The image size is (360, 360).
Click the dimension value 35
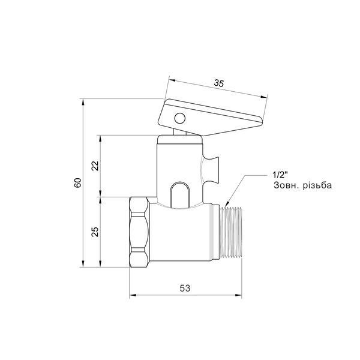pos(218,83)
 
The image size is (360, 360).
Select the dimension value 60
pos(77,183)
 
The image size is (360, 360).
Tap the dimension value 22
pos(95,166)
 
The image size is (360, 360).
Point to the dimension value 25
pos(95,232)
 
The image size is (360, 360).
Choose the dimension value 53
pos(185,288)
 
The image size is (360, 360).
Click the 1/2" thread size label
pos(280,175)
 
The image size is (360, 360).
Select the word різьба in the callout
pos(317,185)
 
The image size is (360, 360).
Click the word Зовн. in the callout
pos(286,185)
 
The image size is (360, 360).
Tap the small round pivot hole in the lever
pos(180,118)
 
